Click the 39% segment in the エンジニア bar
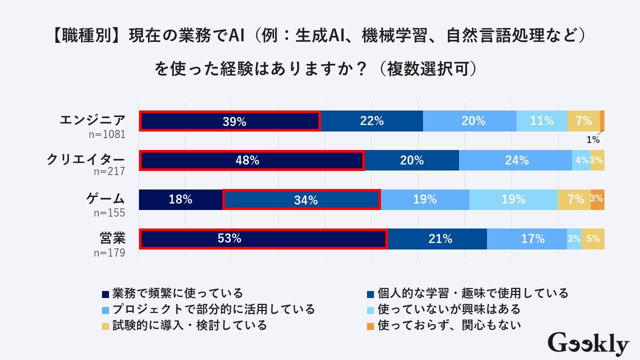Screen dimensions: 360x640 (229, 121)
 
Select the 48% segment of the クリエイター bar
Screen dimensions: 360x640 (252, 160)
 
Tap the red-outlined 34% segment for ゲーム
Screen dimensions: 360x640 (301, 200)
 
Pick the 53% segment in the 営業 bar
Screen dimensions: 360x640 (263, 239)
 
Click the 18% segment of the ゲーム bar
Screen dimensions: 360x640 (180, 199)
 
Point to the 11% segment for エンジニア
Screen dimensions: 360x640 (542, 121)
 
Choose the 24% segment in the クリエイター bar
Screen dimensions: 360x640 (516, 160)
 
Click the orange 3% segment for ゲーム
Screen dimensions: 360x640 (597, 199)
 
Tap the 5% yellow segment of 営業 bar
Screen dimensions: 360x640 (593, 239)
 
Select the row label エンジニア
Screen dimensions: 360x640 (92, 120)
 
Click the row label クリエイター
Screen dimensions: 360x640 (85, 159)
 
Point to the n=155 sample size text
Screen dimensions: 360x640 (109, 213)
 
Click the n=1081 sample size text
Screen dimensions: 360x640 (106, 134)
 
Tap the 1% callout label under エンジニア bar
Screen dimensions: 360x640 (593, 140)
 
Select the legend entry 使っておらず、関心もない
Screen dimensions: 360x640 (449, 325)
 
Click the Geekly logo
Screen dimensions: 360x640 (588, 344)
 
